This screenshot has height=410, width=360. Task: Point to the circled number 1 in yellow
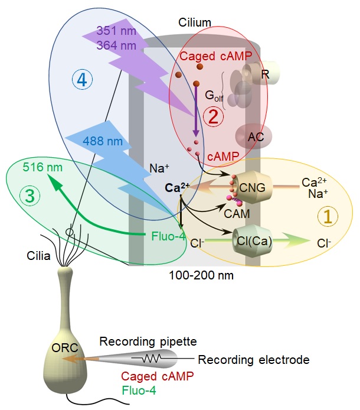tap(326, 216)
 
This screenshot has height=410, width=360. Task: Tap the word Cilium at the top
tap(195, 22)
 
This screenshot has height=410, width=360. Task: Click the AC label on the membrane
tap(256, 137)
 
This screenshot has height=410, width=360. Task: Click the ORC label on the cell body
tap(61, 348)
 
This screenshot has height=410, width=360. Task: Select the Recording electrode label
tap(254, 360)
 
